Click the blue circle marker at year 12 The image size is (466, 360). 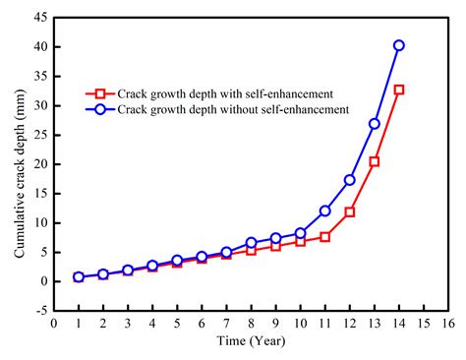point(349,180)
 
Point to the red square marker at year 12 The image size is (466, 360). point(349,212)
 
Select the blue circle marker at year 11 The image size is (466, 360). point(324,210)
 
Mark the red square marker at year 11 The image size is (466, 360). point(324,237)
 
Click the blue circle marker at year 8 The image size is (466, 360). point(251,242)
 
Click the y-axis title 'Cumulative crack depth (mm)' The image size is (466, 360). point(19,163)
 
